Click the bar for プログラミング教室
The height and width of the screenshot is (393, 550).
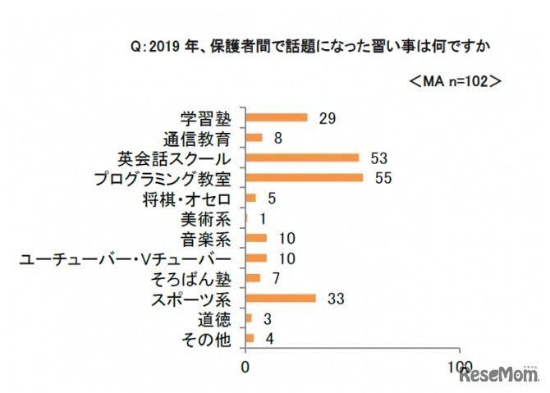305,177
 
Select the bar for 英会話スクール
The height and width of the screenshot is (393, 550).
303,158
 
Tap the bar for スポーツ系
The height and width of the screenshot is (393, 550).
281,298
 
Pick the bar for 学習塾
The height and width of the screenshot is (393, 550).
277,117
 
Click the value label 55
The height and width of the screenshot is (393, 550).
382,177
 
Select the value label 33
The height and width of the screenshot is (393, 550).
335,298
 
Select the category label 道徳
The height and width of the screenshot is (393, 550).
219,318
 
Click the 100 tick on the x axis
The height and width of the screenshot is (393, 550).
461,365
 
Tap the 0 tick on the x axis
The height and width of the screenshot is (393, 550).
245,365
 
